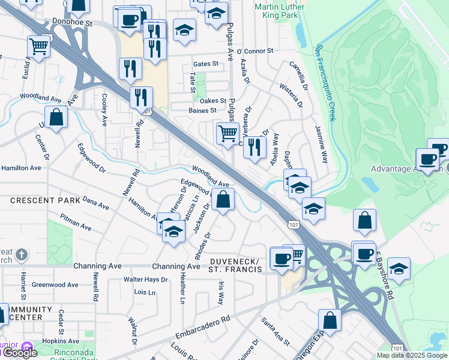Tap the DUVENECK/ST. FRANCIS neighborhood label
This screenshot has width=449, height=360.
point(236,266)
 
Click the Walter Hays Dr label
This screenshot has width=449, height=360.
point(145,280)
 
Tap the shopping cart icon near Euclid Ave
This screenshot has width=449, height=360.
point(38,46)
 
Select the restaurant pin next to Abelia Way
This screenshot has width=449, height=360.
point(255,146)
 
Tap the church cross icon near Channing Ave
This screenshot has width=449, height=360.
point(21,254)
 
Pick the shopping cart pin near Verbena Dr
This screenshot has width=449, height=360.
point(228,133)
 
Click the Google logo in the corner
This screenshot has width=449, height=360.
point(19,353)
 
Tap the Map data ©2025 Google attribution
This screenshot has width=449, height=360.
point(412,355)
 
